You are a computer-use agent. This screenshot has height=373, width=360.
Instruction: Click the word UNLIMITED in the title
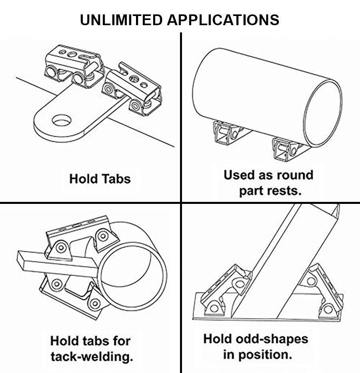click(121, 20)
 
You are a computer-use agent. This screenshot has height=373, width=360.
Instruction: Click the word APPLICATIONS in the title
click(223, 20)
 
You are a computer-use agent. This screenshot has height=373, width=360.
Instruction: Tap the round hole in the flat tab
click(62, 121)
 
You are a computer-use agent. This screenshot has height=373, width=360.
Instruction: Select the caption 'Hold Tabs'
click(100, 179)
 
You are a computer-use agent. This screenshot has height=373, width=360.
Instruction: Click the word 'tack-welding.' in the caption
click(92, 356)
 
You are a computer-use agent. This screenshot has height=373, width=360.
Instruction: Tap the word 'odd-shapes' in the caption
click(272, 339)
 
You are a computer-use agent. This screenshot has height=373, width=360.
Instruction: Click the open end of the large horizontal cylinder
click(323, 114)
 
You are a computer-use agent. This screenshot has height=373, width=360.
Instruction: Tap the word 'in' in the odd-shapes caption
click(228, 355)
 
